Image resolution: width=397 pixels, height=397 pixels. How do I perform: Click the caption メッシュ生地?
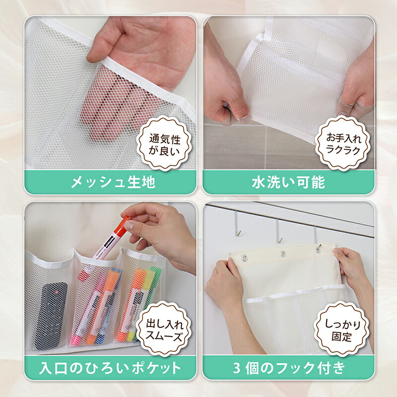tap(113, 182)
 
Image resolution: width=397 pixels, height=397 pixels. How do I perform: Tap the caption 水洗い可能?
tap(288, 182)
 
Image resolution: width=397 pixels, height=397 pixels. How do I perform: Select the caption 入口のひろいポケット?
tap(110, 368)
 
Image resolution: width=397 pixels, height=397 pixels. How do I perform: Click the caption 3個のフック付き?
tap(289, 368)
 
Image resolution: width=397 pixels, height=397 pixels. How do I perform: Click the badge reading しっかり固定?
tap(343, 329)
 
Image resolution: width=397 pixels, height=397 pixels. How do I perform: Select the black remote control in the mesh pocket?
tap(50, 315)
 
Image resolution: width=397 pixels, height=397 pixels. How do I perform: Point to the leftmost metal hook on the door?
tap(237, 224)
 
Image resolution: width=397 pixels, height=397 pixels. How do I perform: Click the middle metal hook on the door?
tap(278, 230)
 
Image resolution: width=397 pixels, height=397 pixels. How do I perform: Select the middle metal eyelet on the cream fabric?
tap(283, 254)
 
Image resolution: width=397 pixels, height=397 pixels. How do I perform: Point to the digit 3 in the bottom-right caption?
tap(237, 368)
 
